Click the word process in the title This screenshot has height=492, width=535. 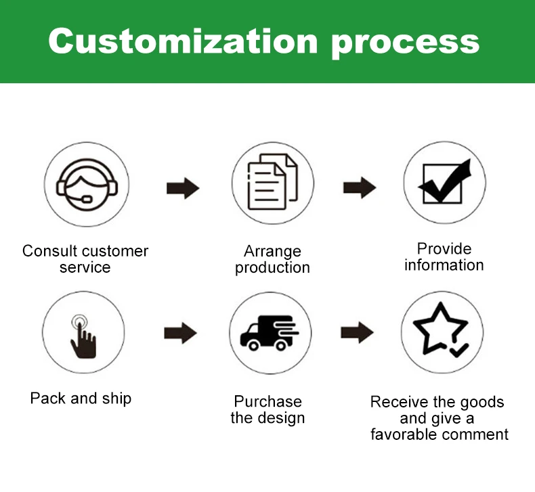405,42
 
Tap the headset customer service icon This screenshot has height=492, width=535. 85,183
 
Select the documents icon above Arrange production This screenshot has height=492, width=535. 272,181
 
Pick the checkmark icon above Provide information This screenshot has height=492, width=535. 444,181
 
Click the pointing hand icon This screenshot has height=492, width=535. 82,333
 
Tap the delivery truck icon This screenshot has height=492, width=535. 270,333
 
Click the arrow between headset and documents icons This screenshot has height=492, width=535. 183,187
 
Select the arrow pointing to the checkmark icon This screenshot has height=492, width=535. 359,187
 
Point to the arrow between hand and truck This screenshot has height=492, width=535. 180,332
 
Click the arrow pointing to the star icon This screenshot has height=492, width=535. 357,332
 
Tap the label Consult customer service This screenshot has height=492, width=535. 85,259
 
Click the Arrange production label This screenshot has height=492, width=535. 272,259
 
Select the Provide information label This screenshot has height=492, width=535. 444,256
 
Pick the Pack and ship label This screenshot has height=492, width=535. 81,398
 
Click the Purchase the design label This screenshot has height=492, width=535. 267,409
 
